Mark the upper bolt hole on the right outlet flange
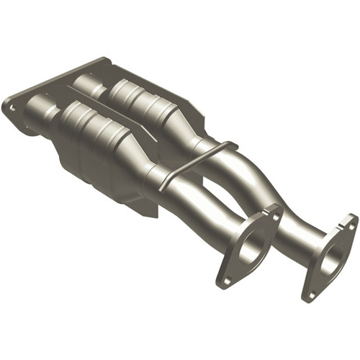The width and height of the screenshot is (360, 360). pos(351,222)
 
